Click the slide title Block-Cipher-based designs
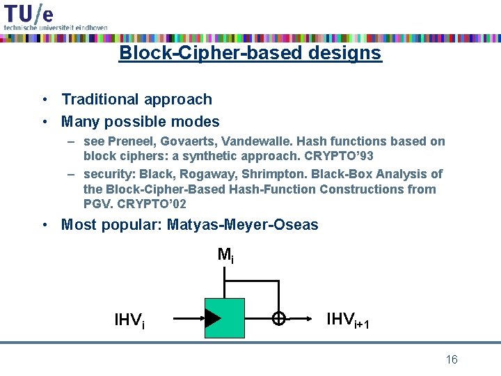click(250, 53)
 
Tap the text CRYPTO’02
click(151, 204)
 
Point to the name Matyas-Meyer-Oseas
click(242, 225)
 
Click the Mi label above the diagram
click(225, 255)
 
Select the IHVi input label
click(129, 320)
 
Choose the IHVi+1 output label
click(348, 320)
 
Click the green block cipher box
click(225, 318)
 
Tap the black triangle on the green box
click(213, 318)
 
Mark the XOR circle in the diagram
click(278, 318)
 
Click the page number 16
click(451, 359)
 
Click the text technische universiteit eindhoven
click(56, 27)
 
